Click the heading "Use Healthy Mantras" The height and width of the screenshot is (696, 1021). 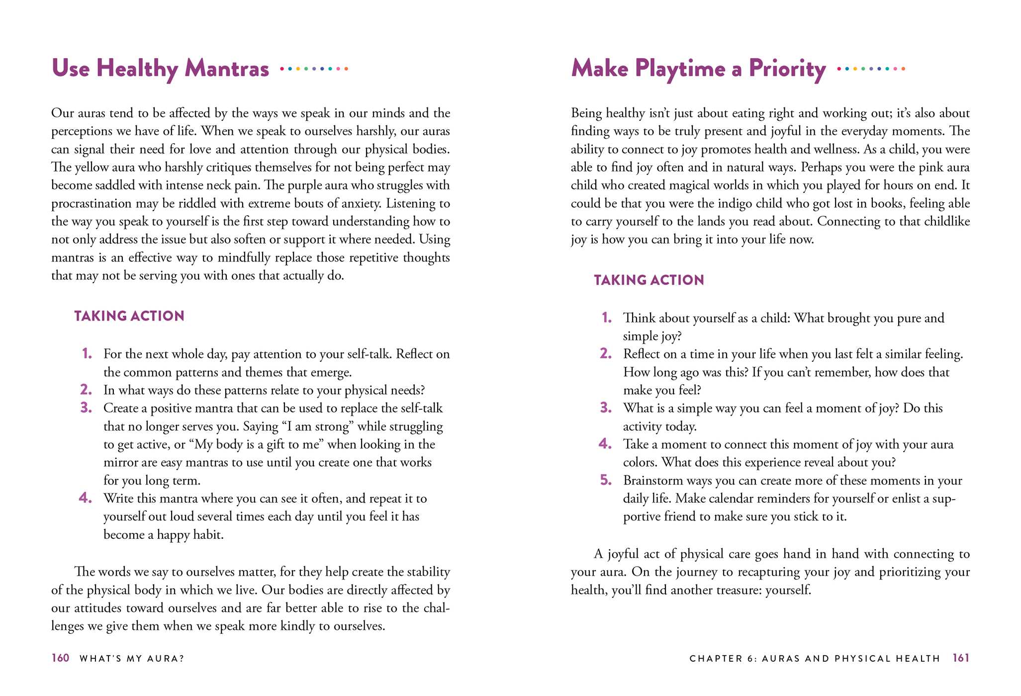pos(160,69)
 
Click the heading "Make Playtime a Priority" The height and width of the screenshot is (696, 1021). pos(698,69)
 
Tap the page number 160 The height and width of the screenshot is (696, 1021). pos(60,658)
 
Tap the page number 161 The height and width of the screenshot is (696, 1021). pos(961,658)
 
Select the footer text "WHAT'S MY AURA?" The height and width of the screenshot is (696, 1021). pos(132,659)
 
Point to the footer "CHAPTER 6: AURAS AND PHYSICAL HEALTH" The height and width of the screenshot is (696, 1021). pos(815,659)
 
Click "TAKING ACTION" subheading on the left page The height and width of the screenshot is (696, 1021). pos(129,316)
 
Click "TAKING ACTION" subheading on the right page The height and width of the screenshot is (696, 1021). pos(649,280)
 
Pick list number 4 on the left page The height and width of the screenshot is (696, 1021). pos(86,498)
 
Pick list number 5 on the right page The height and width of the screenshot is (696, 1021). pos(606,480)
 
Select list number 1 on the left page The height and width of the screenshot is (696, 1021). pos(87,354)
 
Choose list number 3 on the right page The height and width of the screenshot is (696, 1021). pos(606,408)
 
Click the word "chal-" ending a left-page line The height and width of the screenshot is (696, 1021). pos(436,608)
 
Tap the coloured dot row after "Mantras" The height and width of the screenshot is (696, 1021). pos(314,69)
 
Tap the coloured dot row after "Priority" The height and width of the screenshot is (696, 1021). pos(871,69)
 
